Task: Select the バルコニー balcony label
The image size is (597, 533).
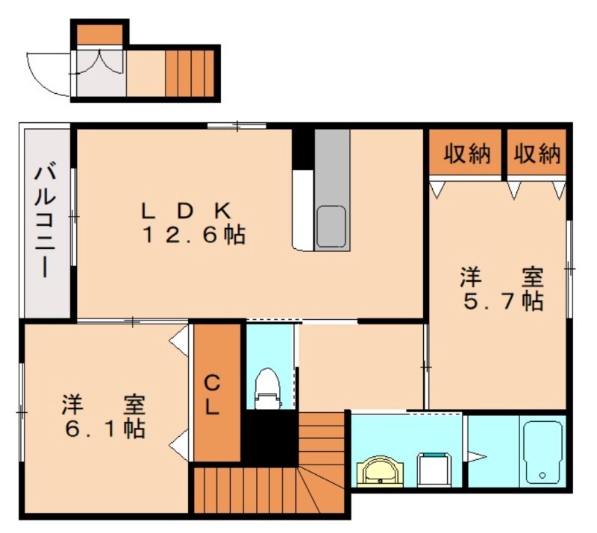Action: tap(44, 221)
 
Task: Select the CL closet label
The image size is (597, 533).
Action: tap(213, 395)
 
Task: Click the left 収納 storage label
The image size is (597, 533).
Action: tap(466, 154)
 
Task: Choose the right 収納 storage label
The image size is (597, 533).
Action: tap(537, 154)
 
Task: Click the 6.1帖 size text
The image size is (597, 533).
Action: tap(104, 430)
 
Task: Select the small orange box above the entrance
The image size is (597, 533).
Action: tap(99, 33)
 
